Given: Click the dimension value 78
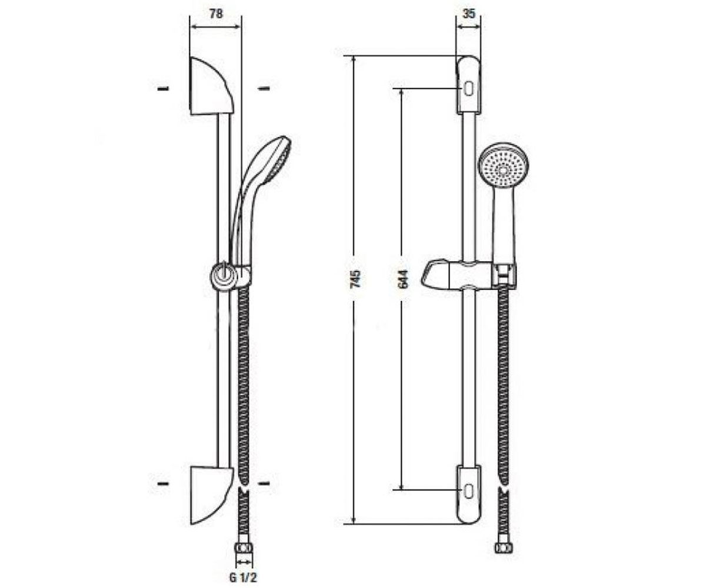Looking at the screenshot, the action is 216,14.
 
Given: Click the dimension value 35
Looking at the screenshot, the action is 469,14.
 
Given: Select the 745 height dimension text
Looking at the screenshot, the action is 355,278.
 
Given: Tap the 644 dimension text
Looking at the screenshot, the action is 402,279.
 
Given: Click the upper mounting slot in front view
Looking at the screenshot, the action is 468,89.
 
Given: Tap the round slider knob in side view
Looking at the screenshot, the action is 222,275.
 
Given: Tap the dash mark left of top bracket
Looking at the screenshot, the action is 163,89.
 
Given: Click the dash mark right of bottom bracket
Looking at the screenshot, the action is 264,483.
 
